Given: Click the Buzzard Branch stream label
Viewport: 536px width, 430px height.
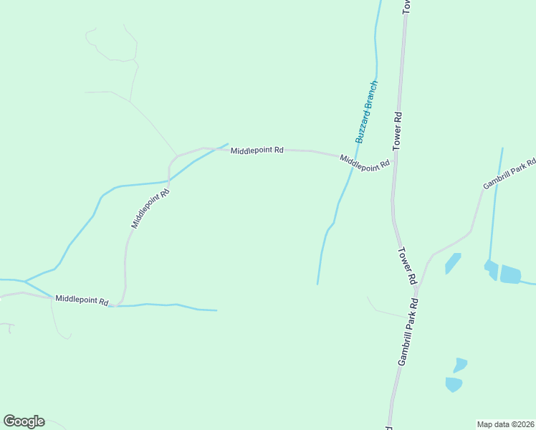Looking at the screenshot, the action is pos(366,111).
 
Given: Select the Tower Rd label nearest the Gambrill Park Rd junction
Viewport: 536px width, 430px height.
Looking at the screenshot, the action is pos(408,266).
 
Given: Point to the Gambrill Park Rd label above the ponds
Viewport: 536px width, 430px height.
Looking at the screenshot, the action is pos(509,174).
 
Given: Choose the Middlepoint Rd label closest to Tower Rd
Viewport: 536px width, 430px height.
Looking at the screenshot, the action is pos(365,163).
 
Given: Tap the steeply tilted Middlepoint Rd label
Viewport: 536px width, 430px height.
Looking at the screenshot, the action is pos(150,208).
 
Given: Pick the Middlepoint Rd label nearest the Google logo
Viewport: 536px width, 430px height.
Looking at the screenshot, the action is pos(81,299).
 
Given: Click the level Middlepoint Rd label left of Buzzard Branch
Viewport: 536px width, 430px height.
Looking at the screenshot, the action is pos(257,150).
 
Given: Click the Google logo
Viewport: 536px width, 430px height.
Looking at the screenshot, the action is pos(24,421).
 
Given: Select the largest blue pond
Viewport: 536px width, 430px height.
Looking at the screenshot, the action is pos(509,274).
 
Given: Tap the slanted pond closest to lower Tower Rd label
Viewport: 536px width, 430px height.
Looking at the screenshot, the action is pos(452,263).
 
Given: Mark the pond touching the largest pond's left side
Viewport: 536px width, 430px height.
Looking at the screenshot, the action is pos(492,269).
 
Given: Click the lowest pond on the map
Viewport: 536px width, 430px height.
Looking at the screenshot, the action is pos(454,384).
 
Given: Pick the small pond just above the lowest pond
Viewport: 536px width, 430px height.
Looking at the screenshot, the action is pos(460,365).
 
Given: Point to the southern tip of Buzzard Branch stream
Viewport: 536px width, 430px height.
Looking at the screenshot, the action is pos(317,284).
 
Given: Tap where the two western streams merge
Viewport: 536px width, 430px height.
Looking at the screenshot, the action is pos(25,281).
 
